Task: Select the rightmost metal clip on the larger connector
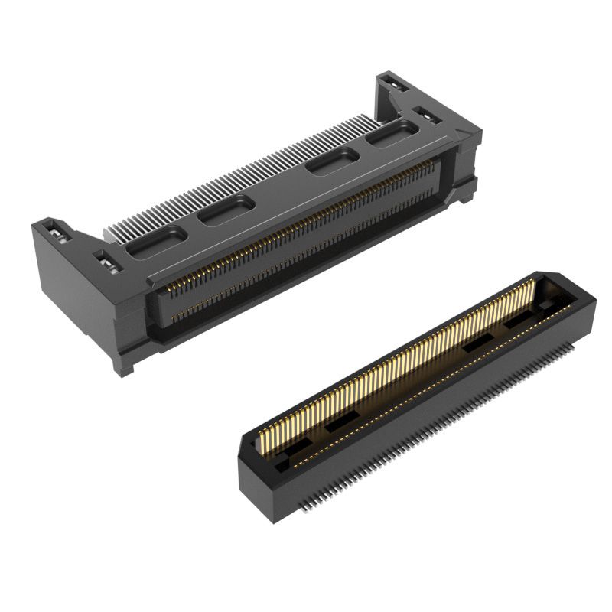coord(425,115)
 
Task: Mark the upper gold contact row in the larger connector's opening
coord(306,223)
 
